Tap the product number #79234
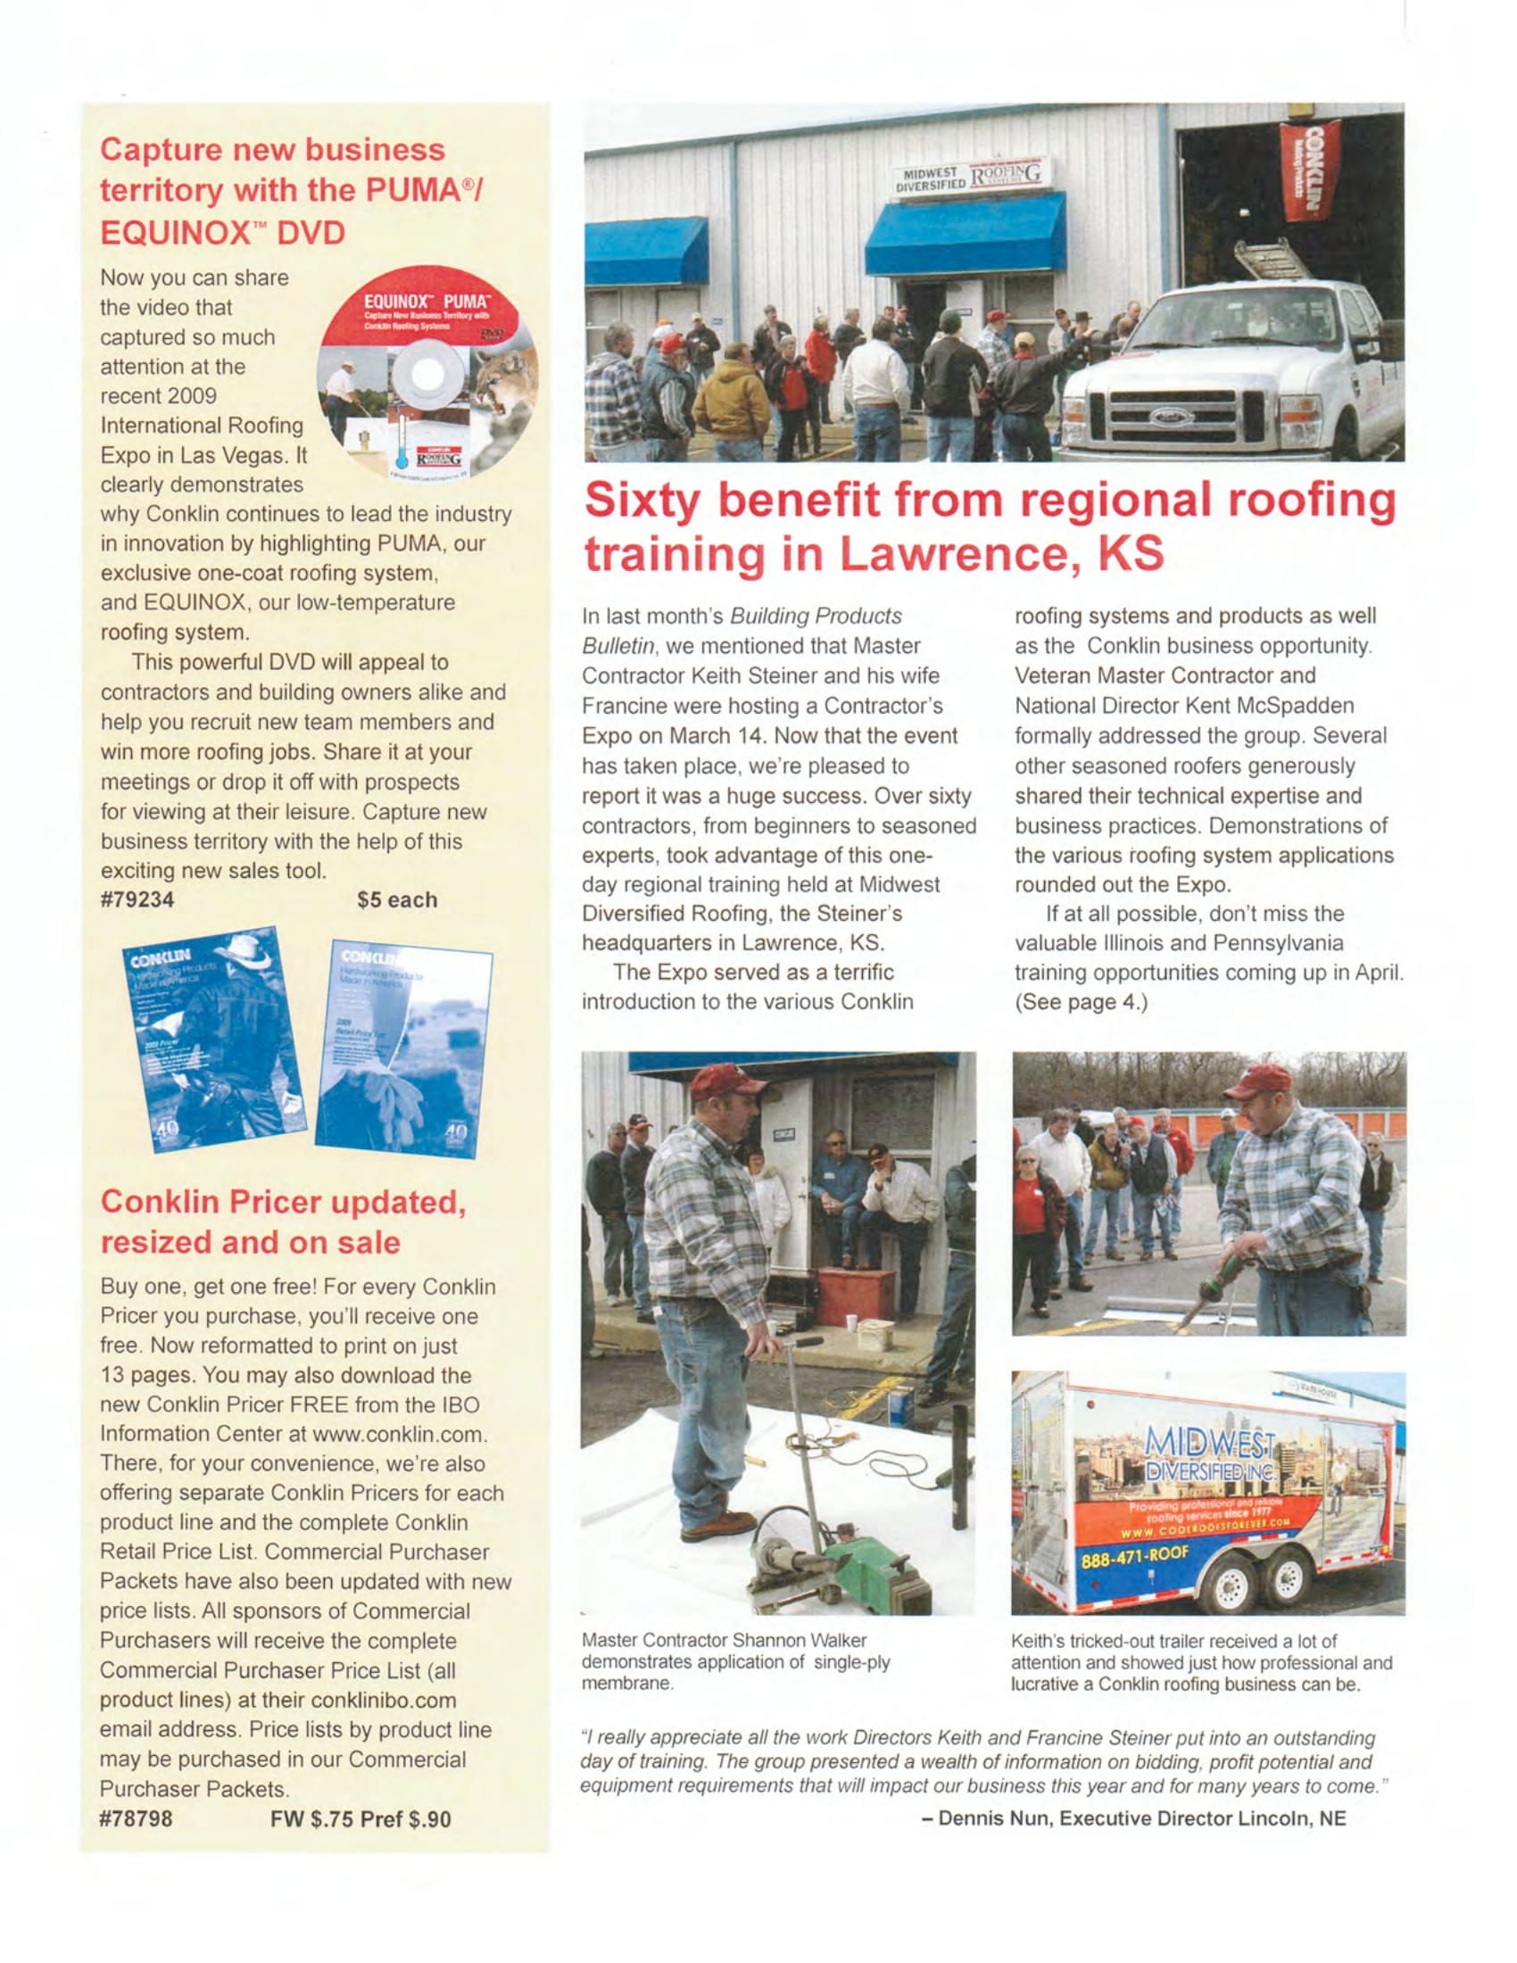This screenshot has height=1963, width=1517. pos(137,899)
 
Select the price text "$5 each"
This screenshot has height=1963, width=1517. pos(396,899)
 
